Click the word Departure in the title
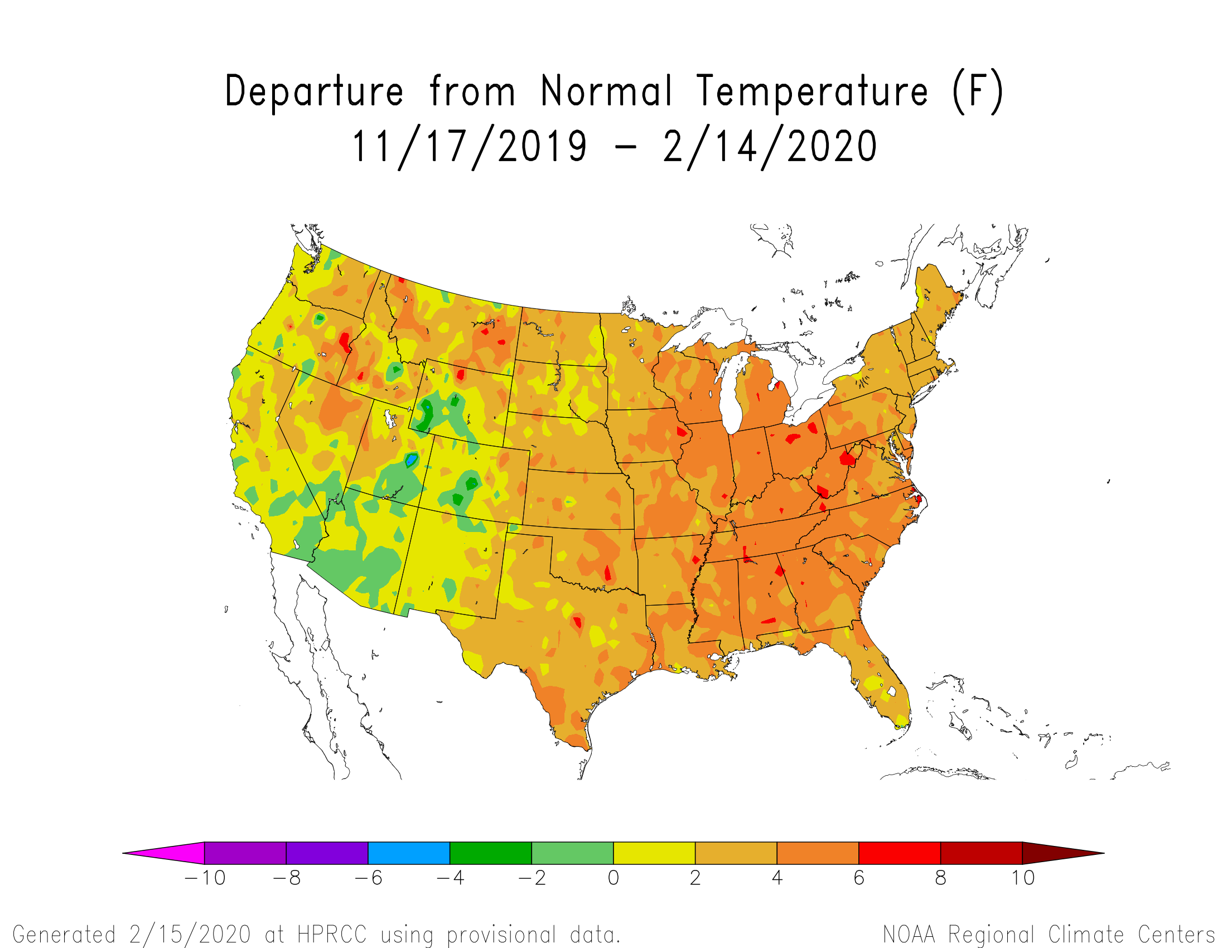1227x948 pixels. [x=313, y=91]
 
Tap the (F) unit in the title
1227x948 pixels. [x=978, y=91]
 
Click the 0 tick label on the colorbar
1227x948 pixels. [x=613, y=878]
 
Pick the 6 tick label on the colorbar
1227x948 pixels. [x=858, y=878]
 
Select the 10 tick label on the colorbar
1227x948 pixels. [x=1022, y=878]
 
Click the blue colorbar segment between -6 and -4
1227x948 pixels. [x=408, y=853]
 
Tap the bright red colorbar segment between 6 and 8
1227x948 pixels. [x=900, y=853]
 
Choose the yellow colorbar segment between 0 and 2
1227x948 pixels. [x=654, y=853]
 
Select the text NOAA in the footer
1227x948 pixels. [x=909, y=935]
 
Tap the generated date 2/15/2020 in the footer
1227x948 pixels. [x=190, y=935]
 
